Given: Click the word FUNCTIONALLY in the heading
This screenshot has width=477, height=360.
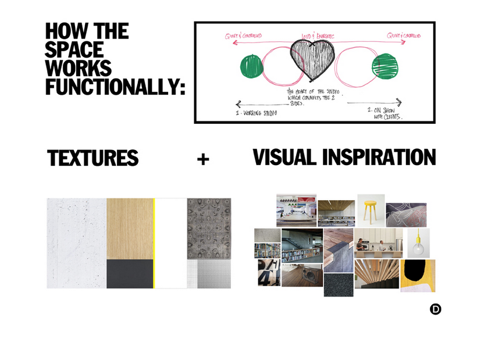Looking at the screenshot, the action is [115, 87].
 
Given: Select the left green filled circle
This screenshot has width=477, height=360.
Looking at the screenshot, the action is [251, 66].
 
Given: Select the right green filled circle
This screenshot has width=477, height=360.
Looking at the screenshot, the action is [385, 66].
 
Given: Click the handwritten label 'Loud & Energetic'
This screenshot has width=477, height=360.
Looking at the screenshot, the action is [318, 36].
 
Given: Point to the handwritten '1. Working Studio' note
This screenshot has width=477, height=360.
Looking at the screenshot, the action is [256, 113].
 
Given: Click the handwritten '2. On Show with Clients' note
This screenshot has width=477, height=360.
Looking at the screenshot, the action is [385, 113].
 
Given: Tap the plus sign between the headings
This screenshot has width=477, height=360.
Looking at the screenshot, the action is [203, 159].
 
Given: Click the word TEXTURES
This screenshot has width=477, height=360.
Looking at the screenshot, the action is [93, 158].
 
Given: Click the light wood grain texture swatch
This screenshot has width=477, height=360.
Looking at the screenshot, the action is [130, 229].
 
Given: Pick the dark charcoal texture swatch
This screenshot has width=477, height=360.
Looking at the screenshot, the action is [130, 274].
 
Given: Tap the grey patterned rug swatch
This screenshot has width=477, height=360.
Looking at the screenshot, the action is [209, 229].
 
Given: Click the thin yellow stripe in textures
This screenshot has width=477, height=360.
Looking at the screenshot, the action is [154, 243].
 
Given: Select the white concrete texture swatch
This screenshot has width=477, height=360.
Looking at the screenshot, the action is [77, 243].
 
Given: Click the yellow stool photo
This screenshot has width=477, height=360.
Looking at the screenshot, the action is [371, 211].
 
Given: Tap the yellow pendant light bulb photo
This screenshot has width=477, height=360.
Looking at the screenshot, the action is [418, 243].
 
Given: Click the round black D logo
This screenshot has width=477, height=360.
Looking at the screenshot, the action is [436, 309].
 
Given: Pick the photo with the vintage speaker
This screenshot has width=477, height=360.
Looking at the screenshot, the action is [302, 276].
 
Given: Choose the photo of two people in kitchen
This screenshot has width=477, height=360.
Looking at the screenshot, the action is [379, 243].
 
